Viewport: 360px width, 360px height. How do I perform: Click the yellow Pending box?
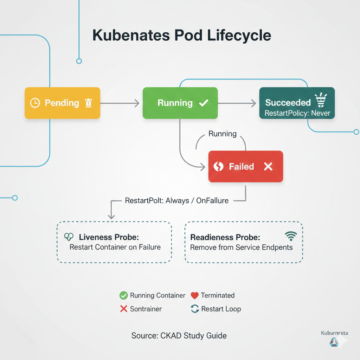click(62, 103)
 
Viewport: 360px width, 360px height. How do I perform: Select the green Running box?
click(180, 103)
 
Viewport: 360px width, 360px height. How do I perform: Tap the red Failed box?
click(245, 166)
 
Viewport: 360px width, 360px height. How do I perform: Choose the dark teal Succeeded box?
click(297, 103)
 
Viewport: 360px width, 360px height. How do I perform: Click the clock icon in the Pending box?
click(35, 103)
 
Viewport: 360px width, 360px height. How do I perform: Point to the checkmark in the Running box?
click(204, 103)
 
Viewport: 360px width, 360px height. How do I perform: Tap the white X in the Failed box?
click(268, 166)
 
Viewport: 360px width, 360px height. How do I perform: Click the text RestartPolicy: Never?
click(297, 114)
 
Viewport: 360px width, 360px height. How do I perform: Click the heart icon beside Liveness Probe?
click(69, 237)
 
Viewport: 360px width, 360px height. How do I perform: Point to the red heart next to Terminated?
click(194, 295)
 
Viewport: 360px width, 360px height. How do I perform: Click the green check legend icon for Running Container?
click(123, 295)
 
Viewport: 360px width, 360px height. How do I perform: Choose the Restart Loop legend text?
click(221, 309)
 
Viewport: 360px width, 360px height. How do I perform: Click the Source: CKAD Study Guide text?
click(179, 335)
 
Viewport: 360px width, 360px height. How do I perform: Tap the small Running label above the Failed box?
click(223, 134)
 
